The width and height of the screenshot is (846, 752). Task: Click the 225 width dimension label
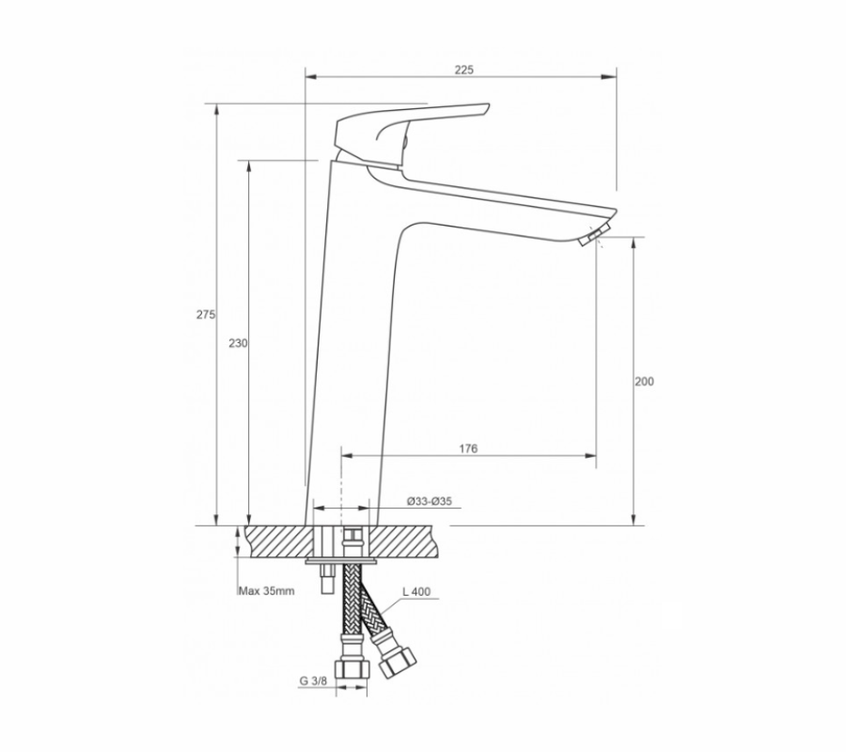463,70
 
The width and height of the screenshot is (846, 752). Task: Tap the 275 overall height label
206,315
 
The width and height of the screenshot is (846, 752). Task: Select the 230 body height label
238,343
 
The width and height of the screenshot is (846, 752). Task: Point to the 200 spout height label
644,382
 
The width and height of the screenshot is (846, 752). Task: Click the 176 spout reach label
468,448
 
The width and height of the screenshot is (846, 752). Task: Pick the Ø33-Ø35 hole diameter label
429,501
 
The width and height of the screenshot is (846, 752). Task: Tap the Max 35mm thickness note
267,590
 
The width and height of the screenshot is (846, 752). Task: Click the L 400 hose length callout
416,592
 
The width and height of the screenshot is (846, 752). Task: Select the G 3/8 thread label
313,681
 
